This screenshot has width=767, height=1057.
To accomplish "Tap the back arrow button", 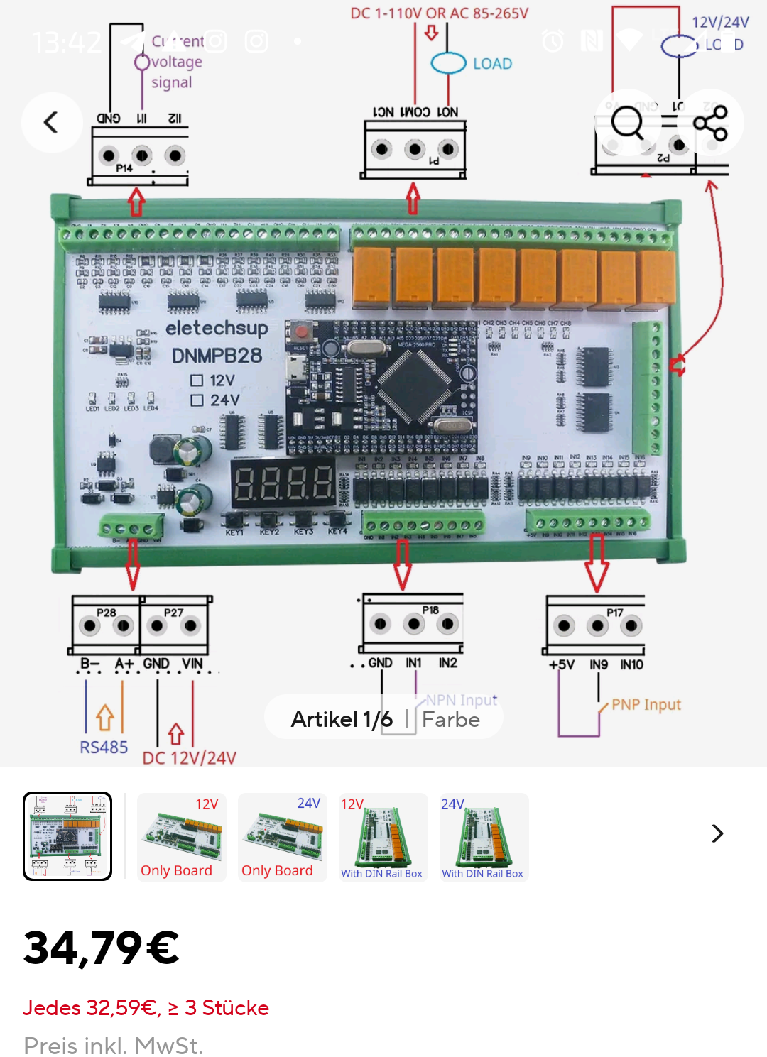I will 52,123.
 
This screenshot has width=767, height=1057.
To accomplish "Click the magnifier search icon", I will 628,123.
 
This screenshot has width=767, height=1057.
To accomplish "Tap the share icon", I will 710,123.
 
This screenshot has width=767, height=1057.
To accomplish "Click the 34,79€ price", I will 102,948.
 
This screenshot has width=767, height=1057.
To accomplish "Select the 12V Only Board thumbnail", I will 181,838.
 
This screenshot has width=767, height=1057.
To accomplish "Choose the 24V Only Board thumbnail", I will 282,838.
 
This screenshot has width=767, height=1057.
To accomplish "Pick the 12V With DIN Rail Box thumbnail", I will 383,838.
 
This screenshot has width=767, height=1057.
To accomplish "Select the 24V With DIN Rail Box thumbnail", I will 484,838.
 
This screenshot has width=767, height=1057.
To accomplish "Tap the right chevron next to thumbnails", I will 717,833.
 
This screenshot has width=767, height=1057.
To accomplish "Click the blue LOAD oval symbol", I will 449,63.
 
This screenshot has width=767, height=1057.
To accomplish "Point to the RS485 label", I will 104,747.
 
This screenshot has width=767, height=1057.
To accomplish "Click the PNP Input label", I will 646,705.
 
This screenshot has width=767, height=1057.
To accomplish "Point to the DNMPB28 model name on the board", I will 217,356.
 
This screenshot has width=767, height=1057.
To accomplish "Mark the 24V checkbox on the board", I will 197,400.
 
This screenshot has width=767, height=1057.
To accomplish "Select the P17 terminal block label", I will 615,613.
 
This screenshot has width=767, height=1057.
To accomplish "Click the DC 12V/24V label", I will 189,758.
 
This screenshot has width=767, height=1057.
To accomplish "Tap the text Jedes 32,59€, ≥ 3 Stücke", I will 146,1008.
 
